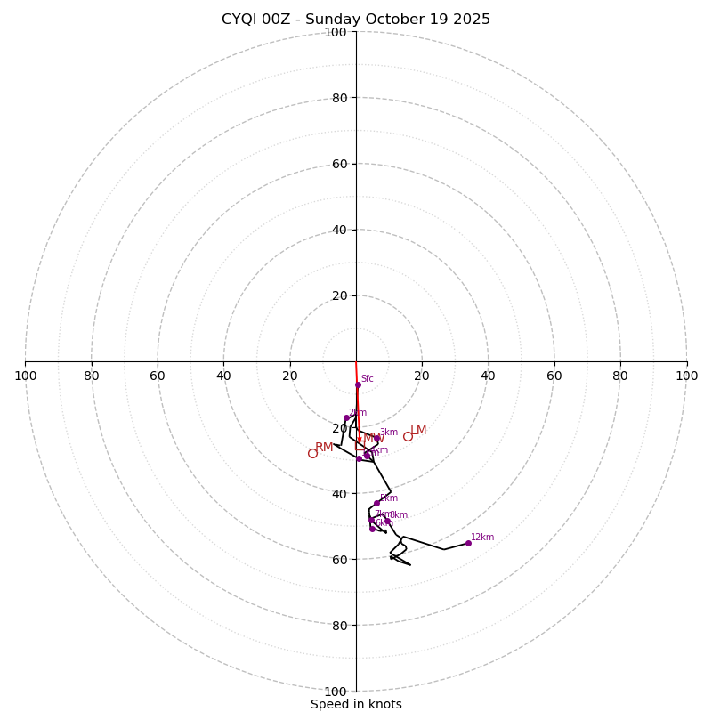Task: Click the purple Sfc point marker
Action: [x=358, y=384]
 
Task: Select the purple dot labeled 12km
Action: [x=468, y=543]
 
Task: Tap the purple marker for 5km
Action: [x=376, y=503]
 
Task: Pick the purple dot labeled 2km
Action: [x=346, y=417]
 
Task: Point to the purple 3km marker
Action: [x=376, y=438]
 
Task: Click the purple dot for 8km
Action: [x=387, y=521]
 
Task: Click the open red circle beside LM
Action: [x=408, y=436]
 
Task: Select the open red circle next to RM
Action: [x=312, y=453]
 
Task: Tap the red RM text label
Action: [x=324, y=448]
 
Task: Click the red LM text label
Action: [x=418, y=431]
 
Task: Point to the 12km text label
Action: [x=482, y=538]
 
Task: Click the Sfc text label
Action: [x=367, y=379]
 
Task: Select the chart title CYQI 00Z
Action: [x=356, y=20]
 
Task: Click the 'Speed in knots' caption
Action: [x=356, y=705]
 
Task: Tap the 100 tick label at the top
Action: [x=336, y=33]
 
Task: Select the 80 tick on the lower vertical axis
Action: [x=339, y=626]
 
